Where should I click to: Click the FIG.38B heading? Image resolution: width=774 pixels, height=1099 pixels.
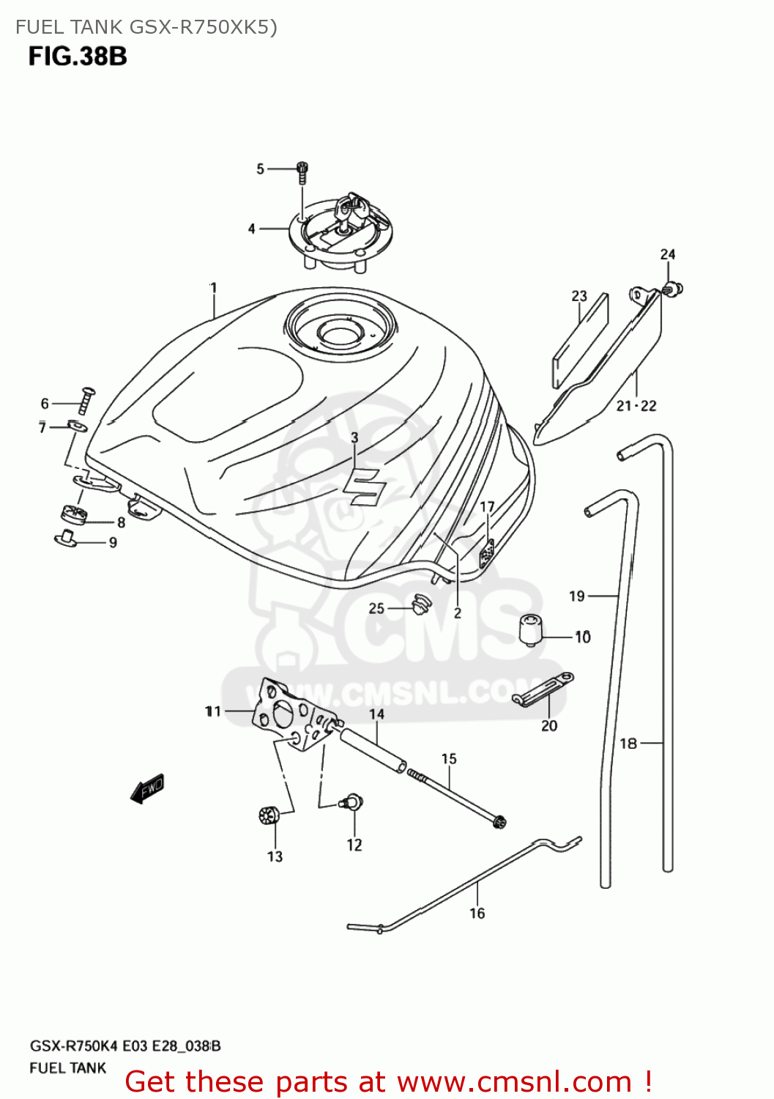click(x=78, y=56)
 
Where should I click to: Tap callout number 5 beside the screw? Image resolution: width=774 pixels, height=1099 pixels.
click(x=260, y=169)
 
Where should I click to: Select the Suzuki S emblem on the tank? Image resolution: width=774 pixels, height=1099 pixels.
click(x=363, y=484)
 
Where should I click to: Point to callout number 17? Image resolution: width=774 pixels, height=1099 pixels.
click(x=487, y=506)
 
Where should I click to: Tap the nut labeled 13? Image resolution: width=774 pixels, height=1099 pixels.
click(x=269, y=815)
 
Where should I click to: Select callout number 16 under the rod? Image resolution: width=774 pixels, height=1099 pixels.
click(x=477, y=913)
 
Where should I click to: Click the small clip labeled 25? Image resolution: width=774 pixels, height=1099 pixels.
click(x=420, y=604)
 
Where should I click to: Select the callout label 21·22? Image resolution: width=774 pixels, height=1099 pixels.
click(x=636, y=405)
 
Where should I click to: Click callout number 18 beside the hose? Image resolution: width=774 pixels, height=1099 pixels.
click(x=628, y=744)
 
